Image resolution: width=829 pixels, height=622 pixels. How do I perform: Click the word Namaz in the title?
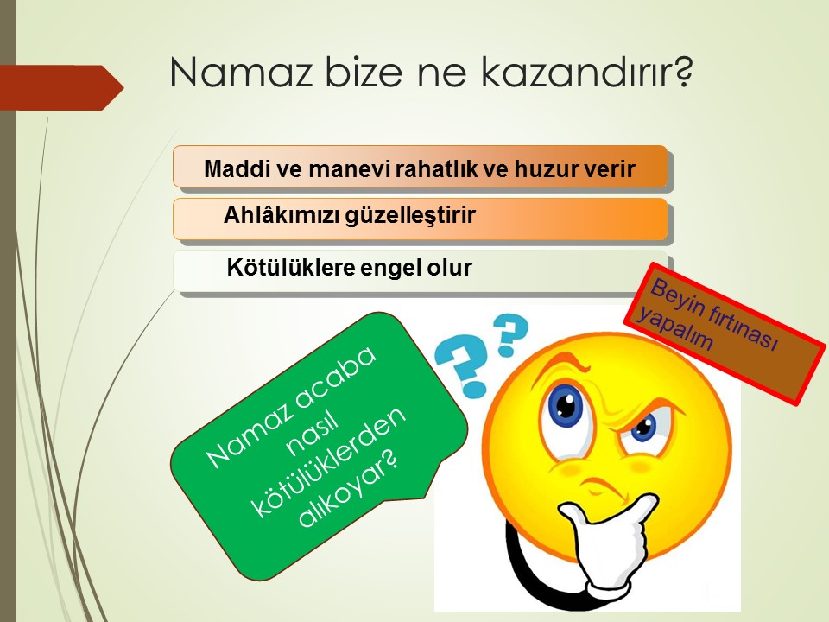(241, 72)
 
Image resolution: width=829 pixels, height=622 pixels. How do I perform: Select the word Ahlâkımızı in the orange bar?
(281, 215)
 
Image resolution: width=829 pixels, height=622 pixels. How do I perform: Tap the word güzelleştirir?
(411, 216)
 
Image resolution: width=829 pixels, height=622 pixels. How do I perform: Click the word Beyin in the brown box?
(675, 298)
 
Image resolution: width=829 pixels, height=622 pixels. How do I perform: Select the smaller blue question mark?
(509, 333)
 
